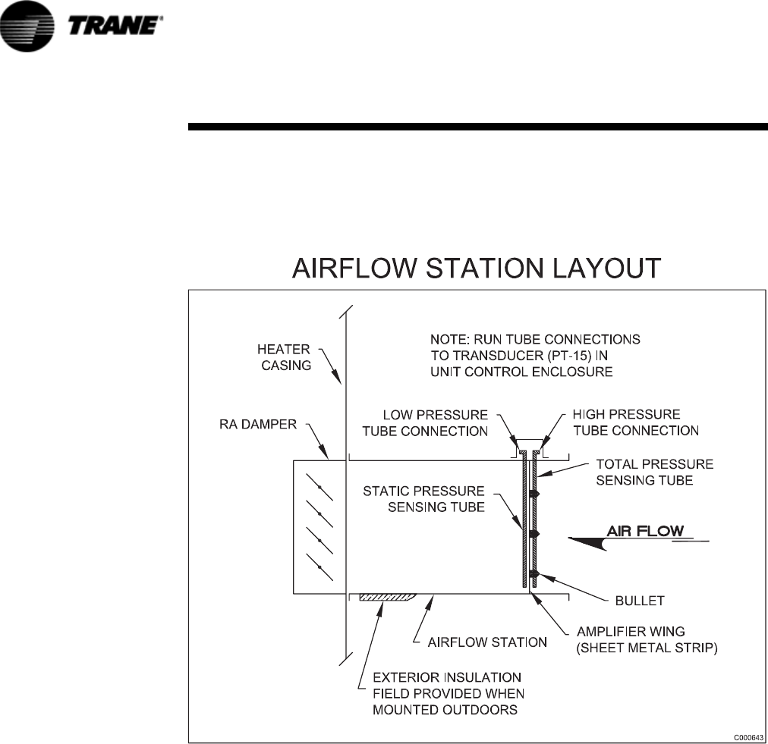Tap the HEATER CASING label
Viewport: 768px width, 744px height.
[283, 357]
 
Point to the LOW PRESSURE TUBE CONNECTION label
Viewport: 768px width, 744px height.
[435, 423]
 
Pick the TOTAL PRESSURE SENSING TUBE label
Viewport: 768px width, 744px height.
[655, 472]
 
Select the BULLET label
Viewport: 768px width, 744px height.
[639, 600]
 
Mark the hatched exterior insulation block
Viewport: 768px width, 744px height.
[386, 596]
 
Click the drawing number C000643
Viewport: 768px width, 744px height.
[748, 736]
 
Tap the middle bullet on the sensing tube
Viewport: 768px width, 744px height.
[534, 534]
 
